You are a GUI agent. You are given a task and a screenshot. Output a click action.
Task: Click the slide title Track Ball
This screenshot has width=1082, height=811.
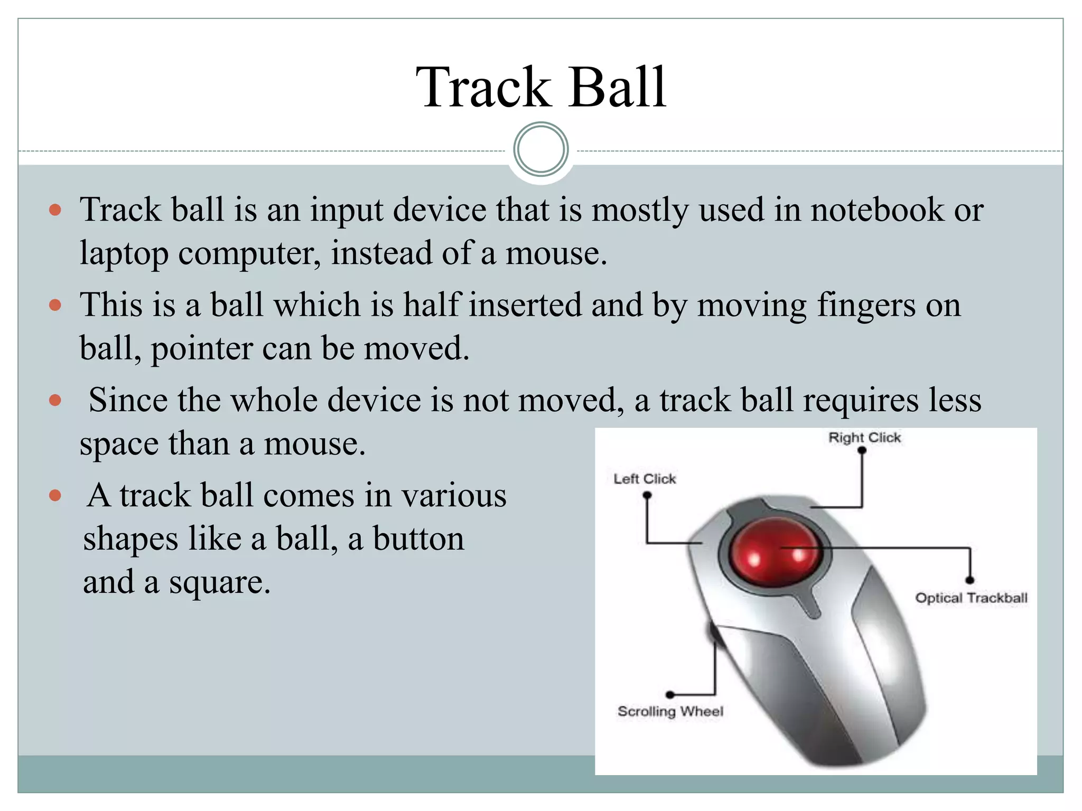coord(541,87)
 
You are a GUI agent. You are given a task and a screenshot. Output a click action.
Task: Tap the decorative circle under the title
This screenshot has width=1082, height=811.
coord(541,149)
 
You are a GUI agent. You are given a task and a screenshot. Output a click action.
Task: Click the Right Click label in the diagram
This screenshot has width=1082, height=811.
coord(864,438)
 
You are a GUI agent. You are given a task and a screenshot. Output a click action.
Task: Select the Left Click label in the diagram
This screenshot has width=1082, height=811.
coord(645,479)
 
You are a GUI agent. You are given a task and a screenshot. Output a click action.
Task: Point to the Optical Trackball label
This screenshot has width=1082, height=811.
coord(971,598)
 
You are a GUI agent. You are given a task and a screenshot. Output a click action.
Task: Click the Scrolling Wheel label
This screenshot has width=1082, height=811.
coord(670,711)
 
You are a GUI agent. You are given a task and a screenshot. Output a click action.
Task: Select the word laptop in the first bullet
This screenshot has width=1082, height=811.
coord(124,253)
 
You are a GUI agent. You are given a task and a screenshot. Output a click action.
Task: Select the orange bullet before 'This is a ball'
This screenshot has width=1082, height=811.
coord(55,305)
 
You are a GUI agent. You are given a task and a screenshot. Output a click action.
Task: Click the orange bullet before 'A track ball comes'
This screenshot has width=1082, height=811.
coord(55,495)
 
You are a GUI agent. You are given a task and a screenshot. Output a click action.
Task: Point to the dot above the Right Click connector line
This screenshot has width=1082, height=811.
coord(862,450)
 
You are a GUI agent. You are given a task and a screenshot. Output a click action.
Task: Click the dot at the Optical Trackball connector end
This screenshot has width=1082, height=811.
coord(970,580)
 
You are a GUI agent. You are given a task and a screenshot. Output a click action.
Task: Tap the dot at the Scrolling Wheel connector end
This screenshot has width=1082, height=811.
coord(670,695)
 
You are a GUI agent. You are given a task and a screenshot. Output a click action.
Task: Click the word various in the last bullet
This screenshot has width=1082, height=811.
coord(454,496)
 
